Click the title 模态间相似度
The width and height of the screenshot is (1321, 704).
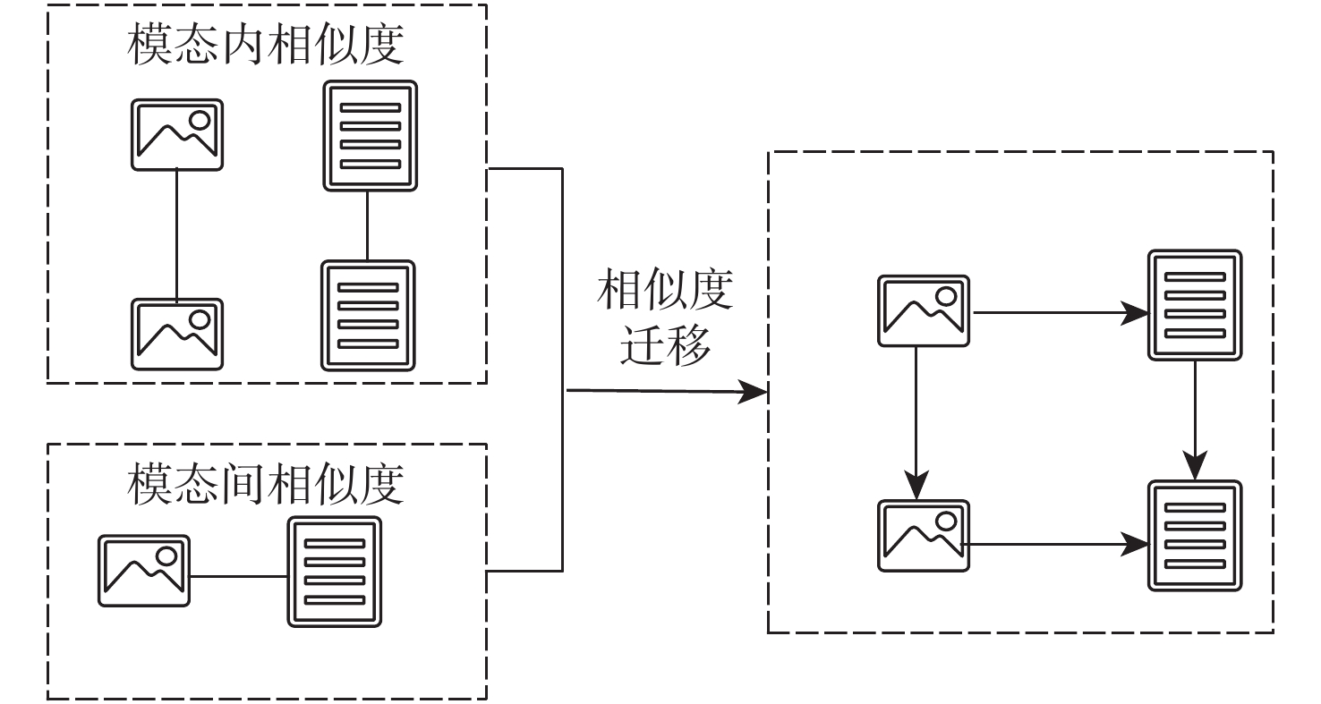[x=265, y=485]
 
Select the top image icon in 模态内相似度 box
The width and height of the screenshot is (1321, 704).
[x=177, y=134]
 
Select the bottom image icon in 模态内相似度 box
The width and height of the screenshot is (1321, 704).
[x=177, y=334]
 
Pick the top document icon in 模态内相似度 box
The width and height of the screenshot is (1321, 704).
[x=370, y=136]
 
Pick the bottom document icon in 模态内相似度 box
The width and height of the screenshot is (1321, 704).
[x=368, y=315]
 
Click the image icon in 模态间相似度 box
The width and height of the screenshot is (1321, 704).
[x=144, y=571]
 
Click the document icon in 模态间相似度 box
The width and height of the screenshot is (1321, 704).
[x=334, y=572]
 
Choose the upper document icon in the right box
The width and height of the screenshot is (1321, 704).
[x=1195, y=306]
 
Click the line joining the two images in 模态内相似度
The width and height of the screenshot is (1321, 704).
[x=177, y=234]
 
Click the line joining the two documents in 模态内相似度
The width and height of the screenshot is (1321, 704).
[x=368, y=225]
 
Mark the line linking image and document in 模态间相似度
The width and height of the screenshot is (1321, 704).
[x=238, y=575]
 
